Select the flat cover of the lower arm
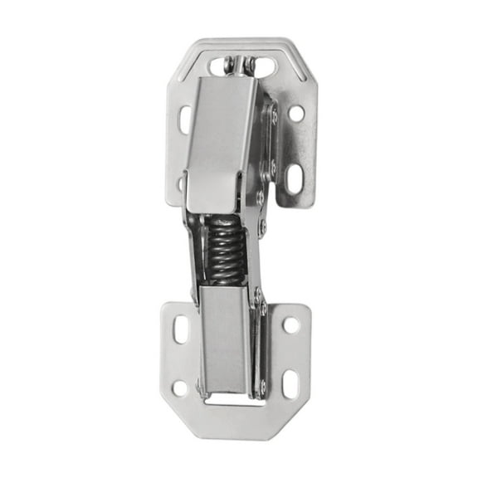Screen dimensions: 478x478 (x=223, y=336)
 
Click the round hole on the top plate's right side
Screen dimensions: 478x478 (x=296, y=112)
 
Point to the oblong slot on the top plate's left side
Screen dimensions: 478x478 (x=184, y=118)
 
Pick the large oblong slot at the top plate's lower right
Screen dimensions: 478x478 (x=294, y=177)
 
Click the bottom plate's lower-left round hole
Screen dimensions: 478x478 (x=179, y=387)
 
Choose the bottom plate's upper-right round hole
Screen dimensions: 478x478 (x=291, y=324)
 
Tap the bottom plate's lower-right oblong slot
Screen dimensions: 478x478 (x=290, y=383)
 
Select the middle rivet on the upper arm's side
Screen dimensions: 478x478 (x=272, y=165)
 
